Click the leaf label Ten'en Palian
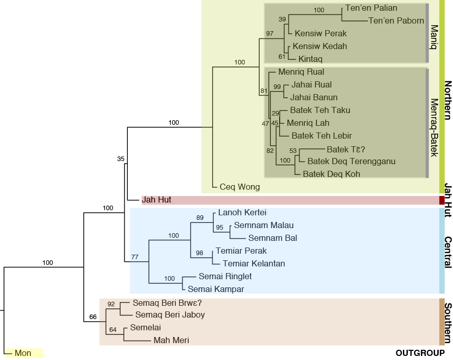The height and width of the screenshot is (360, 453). [x=371, y=8]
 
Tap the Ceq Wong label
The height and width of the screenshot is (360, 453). [x=239, y=187]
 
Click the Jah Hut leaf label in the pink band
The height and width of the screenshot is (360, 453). [x=156, y=200]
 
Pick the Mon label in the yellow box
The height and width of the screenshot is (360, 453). [x=23, y=353]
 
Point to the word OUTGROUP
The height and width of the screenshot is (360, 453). [x=420, y=353]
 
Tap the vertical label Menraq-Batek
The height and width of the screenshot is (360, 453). [x=434, y=128]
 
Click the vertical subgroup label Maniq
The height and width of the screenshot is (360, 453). [x=434, y=37]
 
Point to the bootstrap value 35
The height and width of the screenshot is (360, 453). [x=121, y=159]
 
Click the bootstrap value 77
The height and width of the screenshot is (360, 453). [x=135, y=257]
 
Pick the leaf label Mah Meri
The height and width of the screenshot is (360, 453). [x=171, y=340]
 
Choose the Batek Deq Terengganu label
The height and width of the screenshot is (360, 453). [x=351, y=162]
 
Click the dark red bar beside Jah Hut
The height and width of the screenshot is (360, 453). [x=442, y=200]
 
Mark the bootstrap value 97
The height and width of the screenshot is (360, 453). [x=269, y=33]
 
